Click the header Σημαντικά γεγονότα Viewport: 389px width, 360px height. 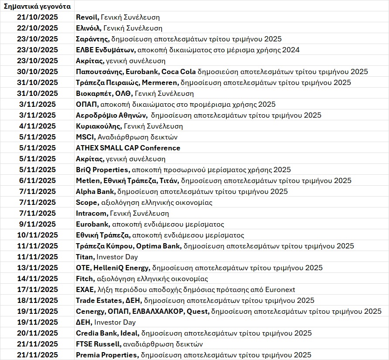[x=37, y=7]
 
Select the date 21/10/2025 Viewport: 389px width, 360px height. [x=38, y=17]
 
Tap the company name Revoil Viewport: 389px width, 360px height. [x=87, y=17]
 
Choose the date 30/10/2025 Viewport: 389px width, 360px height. [x=38, y=72]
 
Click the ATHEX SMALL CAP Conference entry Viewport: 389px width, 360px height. [x=128, y=148]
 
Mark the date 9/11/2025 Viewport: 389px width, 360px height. [x=38, y=224]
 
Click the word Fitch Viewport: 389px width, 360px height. [x=84, y=279]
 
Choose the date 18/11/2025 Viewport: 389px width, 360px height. [x=38, y=301]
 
